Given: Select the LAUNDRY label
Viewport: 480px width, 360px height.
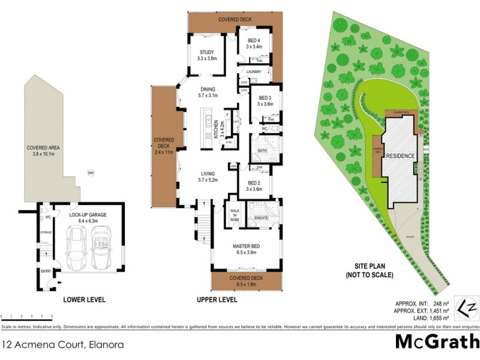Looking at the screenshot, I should (x=254, y=70).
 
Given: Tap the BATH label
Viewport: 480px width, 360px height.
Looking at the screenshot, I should (x=262, y=150).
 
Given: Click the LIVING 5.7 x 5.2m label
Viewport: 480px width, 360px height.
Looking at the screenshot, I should (x=208, y=176).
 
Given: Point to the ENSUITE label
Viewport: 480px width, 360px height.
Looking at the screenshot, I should (x=261, y=217).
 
